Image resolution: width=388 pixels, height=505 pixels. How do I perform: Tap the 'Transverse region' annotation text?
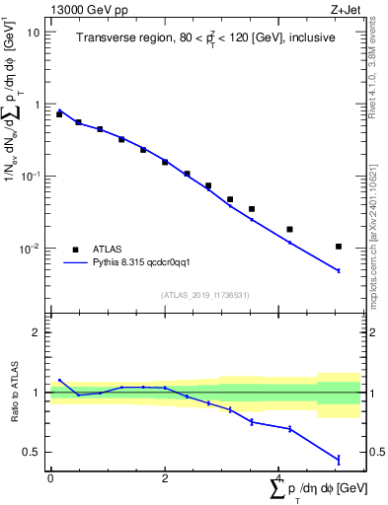(206, 37)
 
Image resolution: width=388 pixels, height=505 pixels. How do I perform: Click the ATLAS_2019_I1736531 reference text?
(205, 295)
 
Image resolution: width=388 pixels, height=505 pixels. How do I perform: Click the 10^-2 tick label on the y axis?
(30, 249)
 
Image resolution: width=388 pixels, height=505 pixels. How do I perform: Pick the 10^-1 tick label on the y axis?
(30, 177)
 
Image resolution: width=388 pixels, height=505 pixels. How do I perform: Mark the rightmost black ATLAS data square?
(339, 247)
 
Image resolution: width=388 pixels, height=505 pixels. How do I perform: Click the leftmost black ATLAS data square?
(59, 114)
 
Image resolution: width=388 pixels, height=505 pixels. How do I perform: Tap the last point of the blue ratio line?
(339, 460)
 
